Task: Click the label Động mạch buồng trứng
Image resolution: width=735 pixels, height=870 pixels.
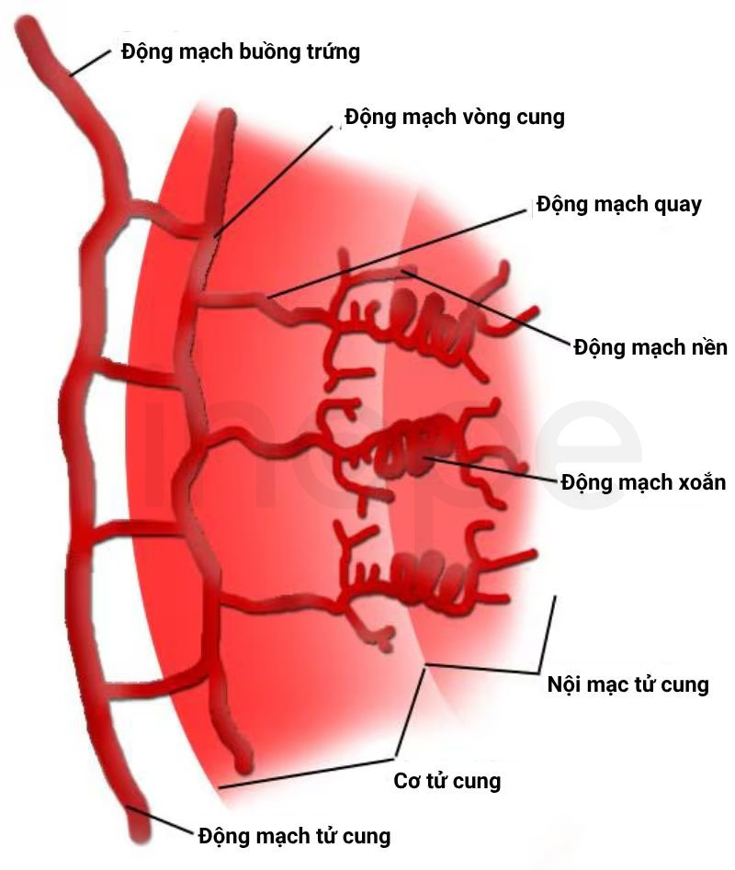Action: click(241, 51)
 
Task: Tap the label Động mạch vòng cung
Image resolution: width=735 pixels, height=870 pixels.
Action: click(455, 117)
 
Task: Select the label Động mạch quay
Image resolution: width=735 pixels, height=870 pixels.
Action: click(619, 205)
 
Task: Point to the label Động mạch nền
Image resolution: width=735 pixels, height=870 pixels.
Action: click(650, 347)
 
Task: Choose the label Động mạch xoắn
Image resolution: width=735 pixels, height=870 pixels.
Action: click(643, 481)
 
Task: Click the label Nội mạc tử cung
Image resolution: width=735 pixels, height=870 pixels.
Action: click(628, 684)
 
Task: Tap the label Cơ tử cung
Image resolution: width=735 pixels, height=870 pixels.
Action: click(447, 781)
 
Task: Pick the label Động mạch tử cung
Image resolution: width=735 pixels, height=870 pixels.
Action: click(295, 836)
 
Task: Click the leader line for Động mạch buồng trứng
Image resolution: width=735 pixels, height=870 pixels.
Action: click(91, 62)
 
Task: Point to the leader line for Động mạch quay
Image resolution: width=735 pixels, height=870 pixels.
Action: click(396, 254)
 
